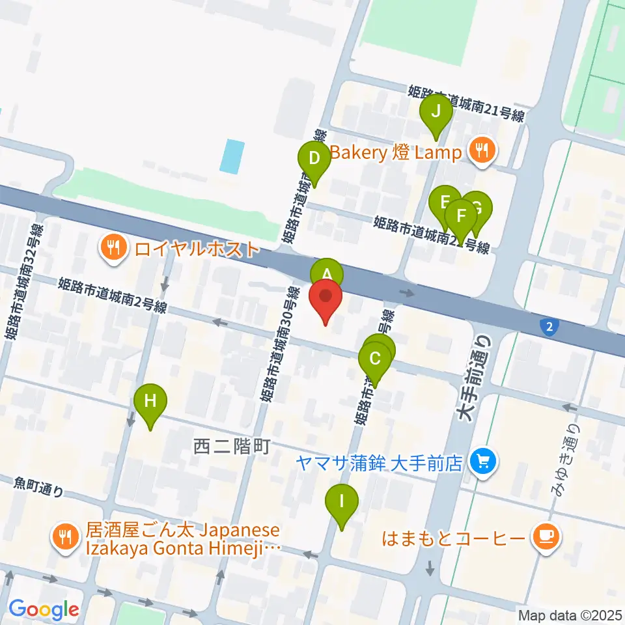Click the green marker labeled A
click(327, 272)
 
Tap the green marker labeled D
click(314, 158)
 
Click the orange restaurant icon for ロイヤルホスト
click(113, 247)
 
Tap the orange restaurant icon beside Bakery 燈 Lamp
click(482, 152)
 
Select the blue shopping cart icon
click(482, 462)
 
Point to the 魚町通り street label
click(39, 486)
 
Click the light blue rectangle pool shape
click(232, 156)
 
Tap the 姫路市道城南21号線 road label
click(466, 103)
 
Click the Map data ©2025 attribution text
click(569, 615)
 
